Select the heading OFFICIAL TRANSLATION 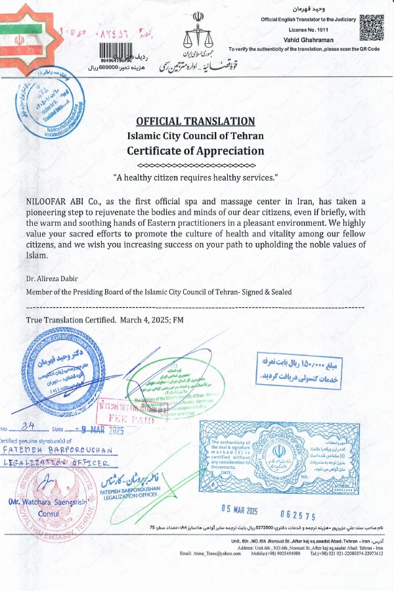click(195, 121)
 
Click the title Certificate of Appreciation click(195, 151)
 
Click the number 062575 click(298, 516)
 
